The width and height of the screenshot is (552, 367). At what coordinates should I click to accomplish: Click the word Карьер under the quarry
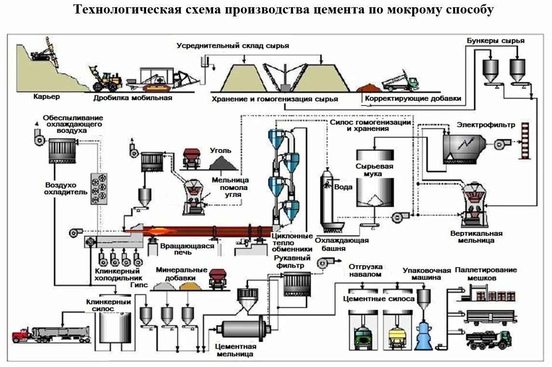pyautogui.click(x=46, y=96)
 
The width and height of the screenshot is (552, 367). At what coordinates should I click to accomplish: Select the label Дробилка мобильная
pyautogui.click(x=133, y=98)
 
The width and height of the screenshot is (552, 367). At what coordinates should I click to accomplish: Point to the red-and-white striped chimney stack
pyautogui.click(x=525, y=140)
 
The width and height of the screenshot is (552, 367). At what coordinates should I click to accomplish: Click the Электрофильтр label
pyautogui.click(x=486, y=125)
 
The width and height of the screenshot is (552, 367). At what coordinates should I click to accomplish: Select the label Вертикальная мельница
pyautogui.click(x=476, y=237)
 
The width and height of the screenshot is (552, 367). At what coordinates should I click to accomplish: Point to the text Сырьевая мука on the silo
pyautogui.click(x=374, y=170)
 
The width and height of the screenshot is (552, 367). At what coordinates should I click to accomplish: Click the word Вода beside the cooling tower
pyautogui.click(x=343, y=187)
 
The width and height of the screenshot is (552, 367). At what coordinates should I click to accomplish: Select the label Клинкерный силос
pyautogui.click(x=108, y=305)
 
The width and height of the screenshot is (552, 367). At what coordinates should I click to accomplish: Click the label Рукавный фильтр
pyautogui.click(x=292, y=262)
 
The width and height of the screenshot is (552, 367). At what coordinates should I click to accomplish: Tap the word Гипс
pyautogui.click(x=139, y=285)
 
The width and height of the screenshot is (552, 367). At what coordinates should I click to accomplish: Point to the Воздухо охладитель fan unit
pyautogui.click(x=99, y=189)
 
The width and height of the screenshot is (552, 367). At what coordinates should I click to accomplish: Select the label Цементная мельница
pyautogui.click(x=235, y=350)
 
